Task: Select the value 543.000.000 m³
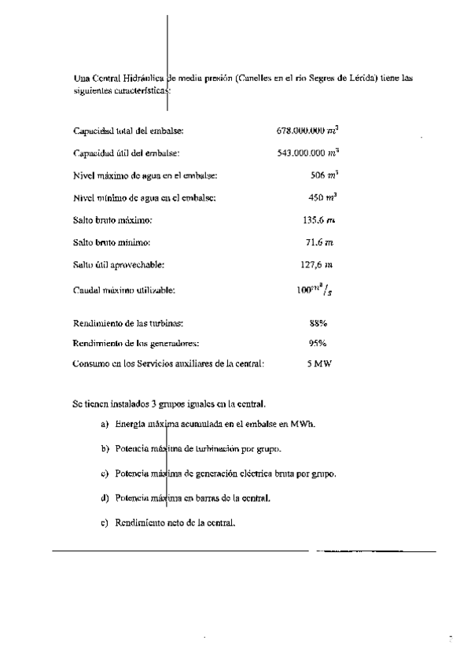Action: coord(313,152)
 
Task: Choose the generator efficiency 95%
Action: coord(318,343)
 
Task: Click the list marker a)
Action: coord(105,425)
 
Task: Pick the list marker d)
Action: coord(105,499)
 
